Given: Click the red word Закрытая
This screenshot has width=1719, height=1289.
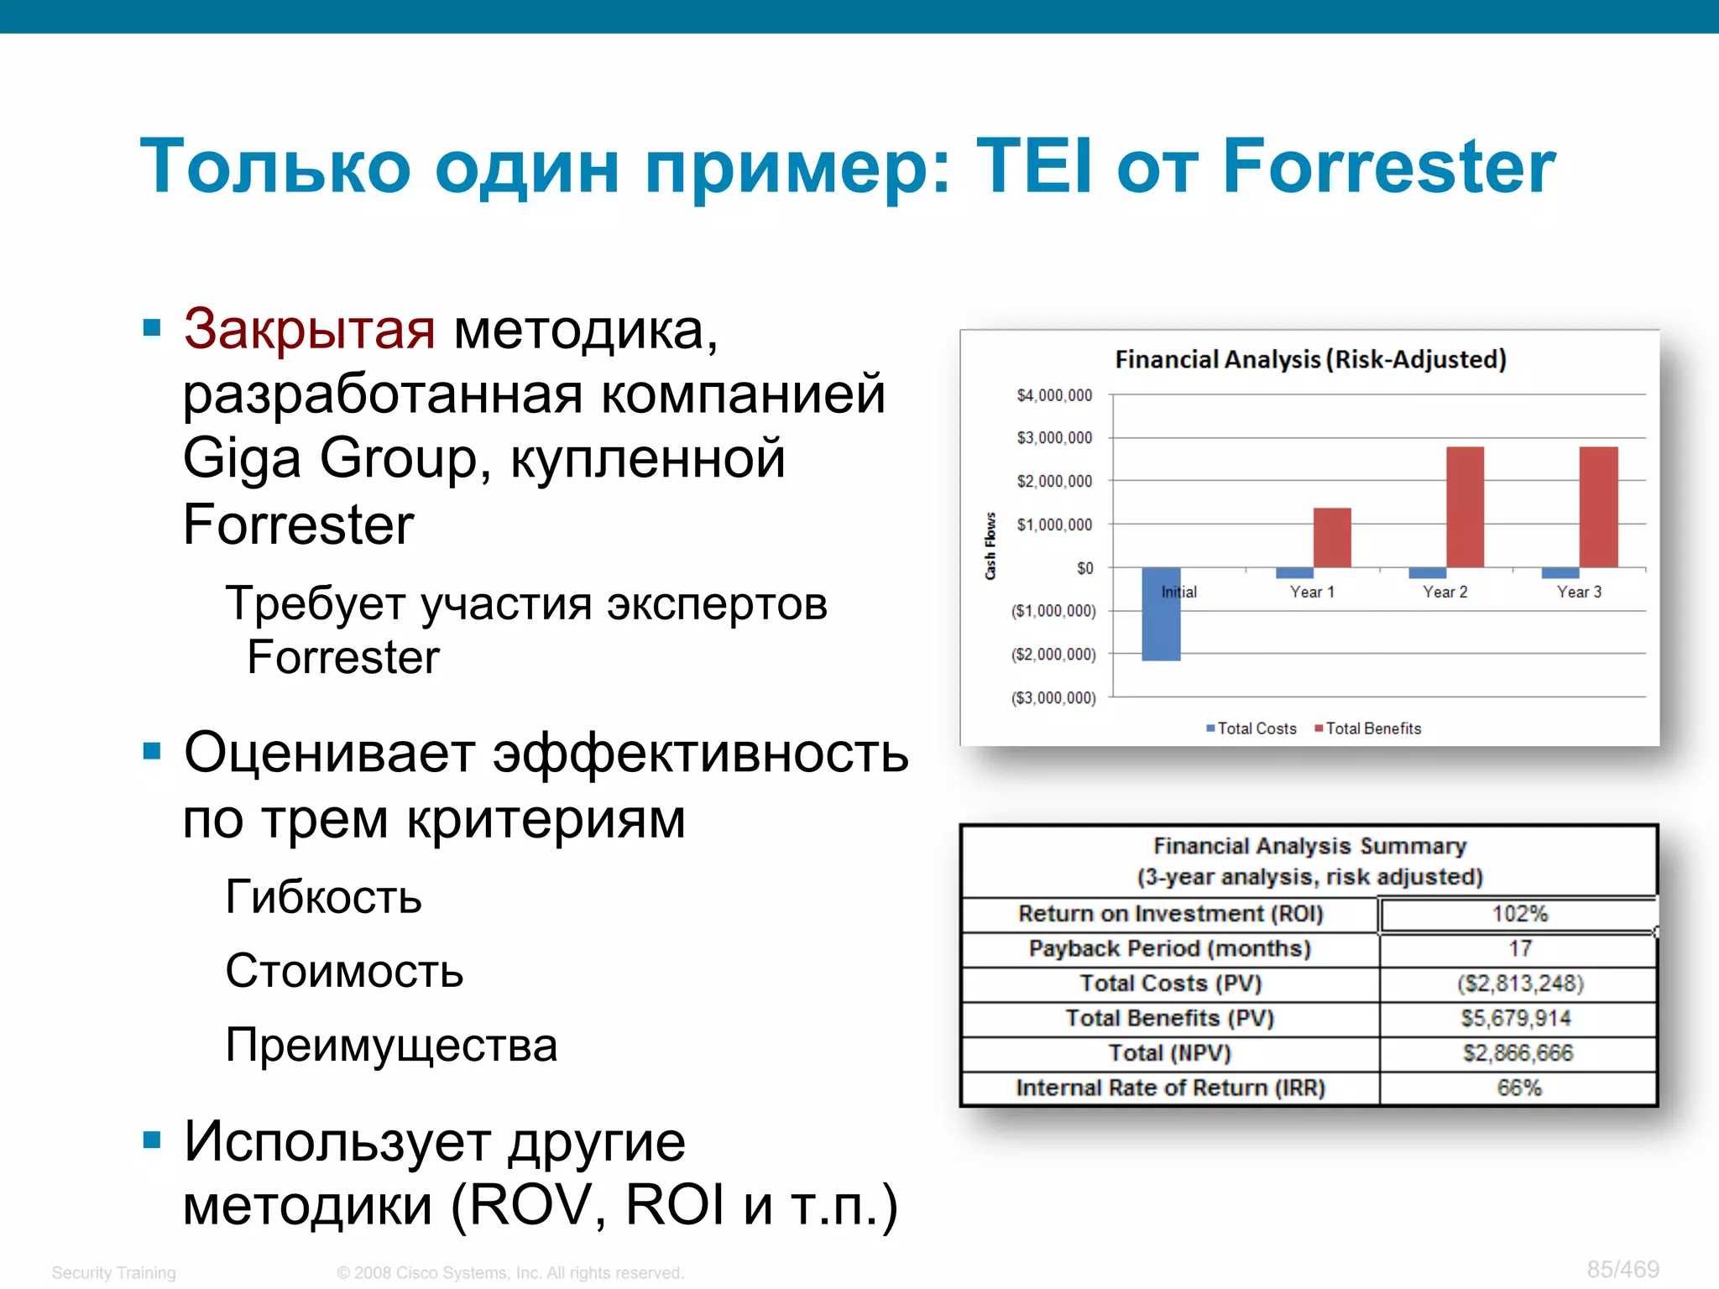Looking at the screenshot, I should point(309,329).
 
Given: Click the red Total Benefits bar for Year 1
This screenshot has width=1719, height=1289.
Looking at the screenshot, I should point(1332,538).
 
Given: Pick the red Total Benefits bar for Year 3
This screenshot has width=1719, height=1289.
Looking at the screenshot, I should point(1598,507).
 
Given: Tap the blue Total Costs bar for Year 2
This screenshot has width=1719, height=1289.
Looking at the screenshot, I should point(1427,573).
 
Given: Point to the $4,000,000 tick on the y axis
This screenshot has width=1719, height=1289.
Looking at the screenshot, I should point(1054,395).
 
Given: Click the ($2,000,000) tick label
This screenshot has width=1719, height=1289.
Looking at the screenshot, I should point(1053,655).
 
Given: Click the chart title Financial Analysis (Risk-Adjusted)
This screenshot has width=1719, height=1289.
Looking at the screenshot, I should point(1310,359).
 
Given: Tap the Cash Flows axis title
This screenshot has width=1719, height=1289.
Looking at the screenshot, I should point(990,545).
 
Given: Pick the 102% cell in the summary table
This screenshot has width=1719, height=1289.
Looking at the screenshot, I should point(1518,914).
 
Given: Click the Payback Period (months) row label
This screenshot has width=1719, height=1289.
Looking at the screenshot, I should point(1169,949).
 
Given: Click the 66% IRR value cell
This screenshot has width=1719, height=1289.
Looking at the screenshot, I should point(1518,1088).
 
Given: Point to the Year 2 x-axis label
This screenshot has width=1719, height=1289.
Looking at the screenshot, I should point(1445,592).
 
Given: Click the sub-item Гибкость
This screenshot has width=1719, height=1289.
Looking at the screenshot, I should point(323,897).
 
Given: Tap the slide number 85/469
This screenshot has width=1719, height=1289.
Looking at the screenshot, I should point(1622,1269).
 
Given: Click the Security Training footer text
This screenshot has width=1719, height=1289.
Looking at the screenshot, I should point(113,1272).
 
